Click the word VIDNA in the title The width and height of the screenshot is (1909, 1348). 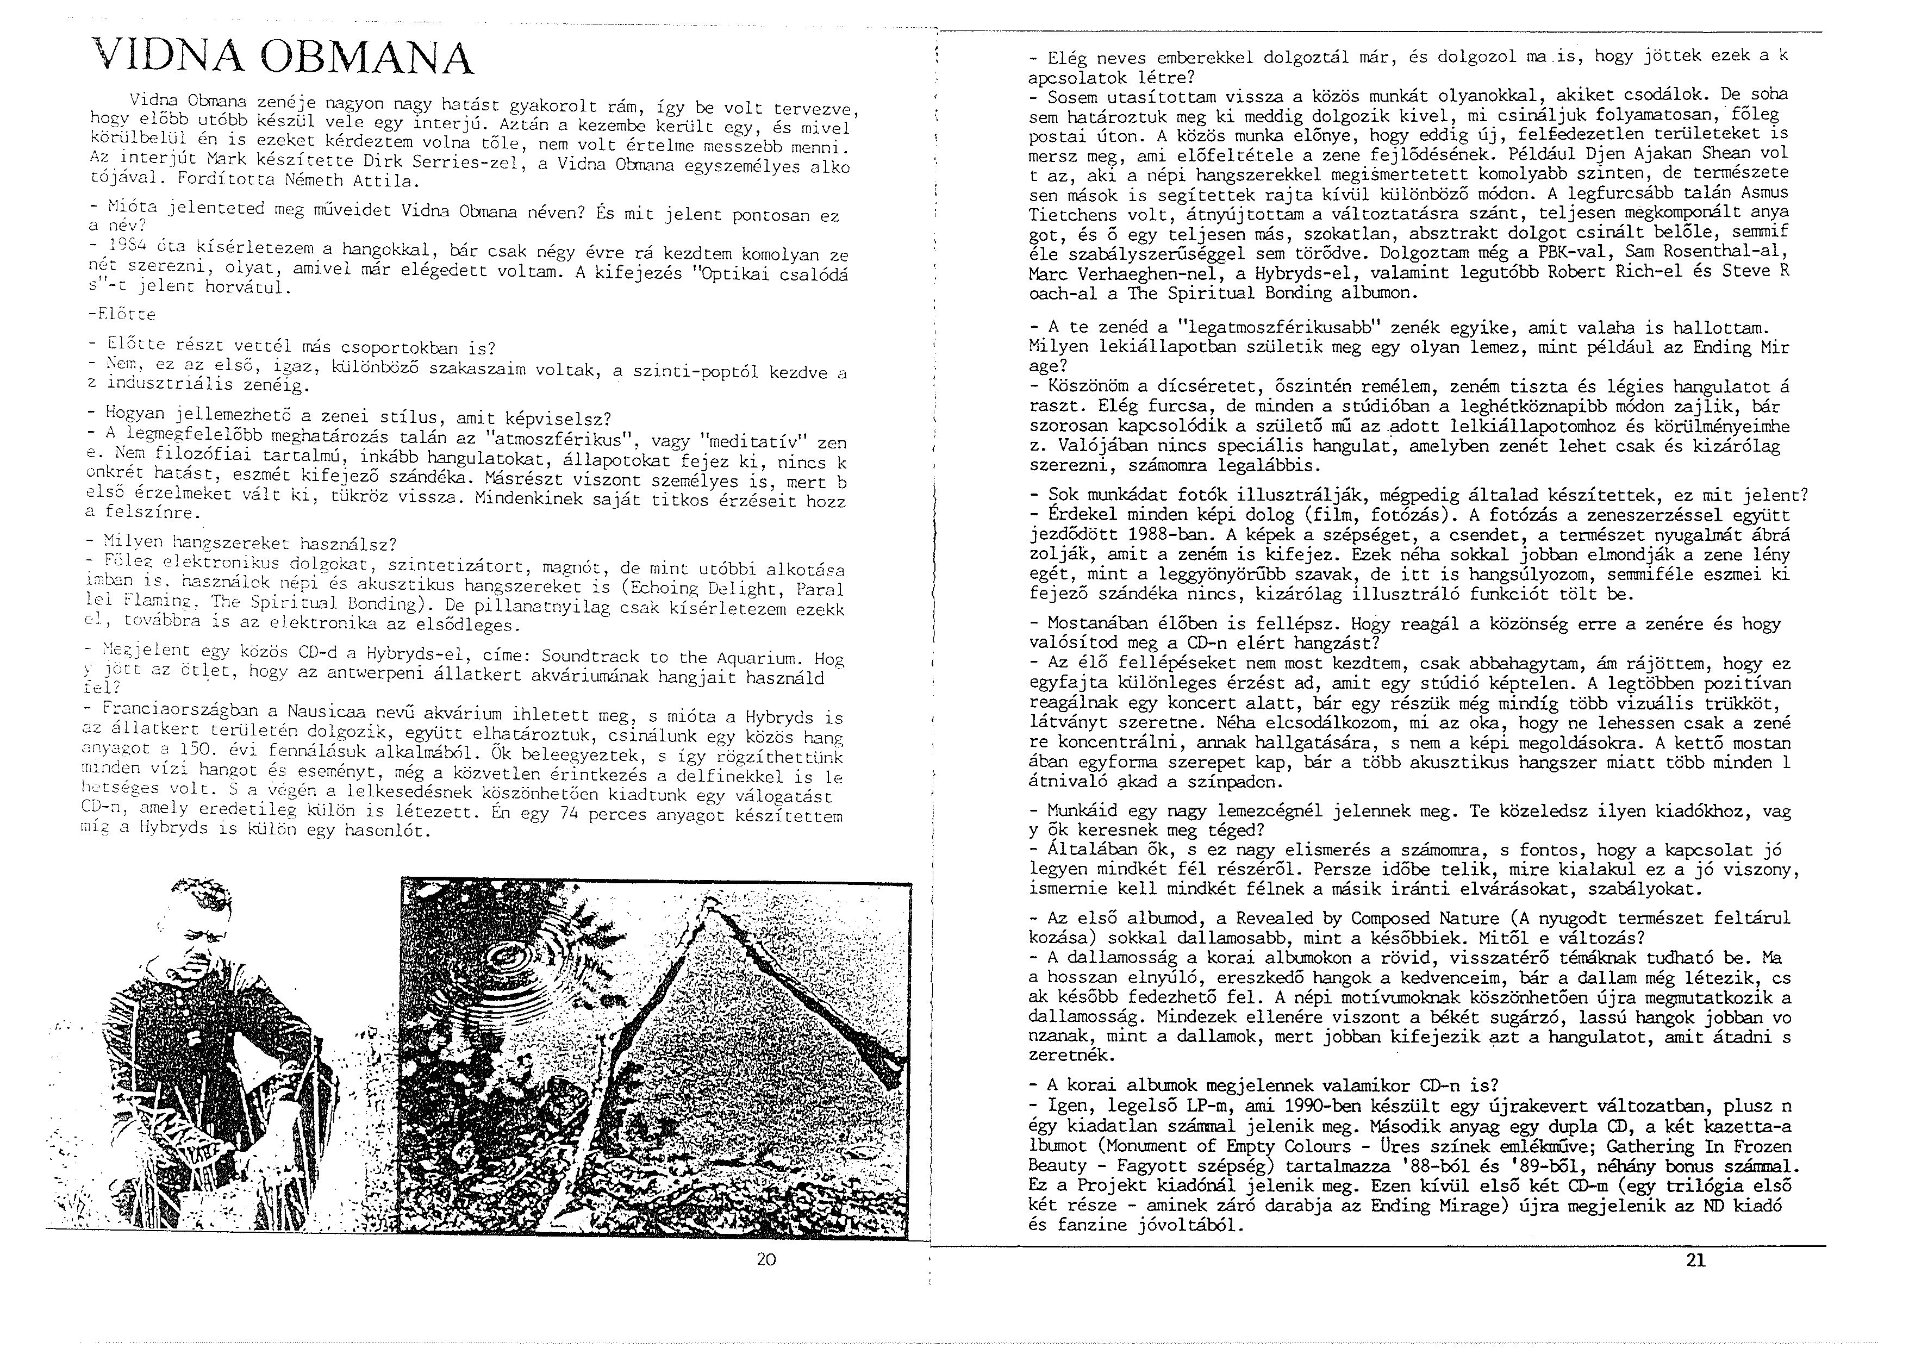(166, 58)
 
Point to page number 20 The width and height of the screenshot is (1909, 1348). (766, 1259)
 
